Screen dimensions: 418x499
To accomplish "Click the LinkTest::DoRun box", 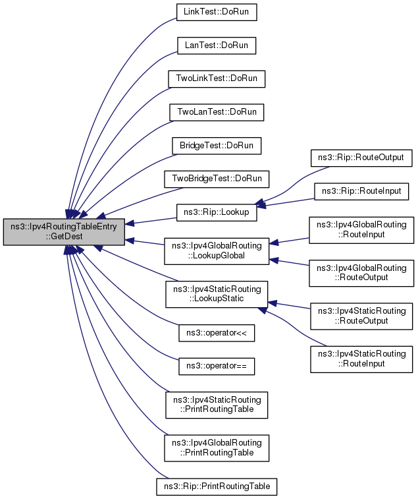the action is click(x=217, y=12).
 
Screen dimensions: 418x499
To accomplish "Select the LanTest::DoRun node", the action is click(x=217, y=45).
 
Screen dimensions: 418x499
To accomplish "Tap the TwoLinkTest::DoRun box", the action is click(x=217, y=79).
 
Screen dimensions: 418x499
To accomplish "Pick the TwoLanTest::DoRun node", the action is click(x=217, y=112).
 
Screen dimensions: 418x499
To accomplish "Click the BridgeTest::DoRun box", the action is click(x=217, y=146).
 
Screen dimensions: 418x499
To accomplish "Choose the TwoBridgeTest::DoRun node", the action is click(x=217, y=179).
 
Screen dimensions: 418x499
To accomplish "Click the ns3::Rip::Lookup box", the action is click(x=217, y=212).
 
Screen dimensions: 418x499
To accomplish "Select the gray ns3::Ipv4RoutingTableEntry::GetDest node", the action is click(x=64, y=231).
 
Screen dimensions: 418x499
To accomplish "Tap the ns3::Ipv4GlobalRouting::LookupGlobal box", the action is click(x=217, y=250).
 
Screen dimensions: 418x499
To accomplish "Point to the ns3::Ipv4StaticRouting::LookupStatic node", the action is click(x=217, y=294).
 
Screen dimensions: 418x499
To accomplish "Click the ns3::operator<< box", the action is click(x=217, y=333).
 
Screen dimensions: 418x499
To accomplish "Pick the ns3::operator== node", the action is click(x=217, y=366).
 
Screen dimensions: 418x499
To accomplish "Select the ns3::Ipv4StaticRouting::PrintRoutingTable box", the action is click(x=217, y=405).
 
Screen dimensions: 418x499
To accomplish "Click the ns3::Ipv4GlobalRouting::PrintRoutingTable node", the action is click(x=217, y=448).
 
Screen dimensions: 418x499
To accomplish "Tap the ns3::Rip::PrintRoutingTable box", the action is click(x=217, y=486).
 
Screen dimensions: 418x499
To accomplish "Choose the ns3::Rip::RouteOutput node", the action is click(x=361, y=158).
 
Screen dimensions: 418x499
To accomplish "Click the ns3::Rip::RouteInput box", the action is click(x=361, y=191).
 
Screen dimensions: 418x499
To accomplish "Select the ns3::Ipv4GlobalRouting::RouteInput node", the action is click(x=361, y=230).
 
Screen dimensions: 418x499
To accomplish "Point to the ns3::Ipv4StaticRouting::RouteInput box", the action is click(x=361, y=359).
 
